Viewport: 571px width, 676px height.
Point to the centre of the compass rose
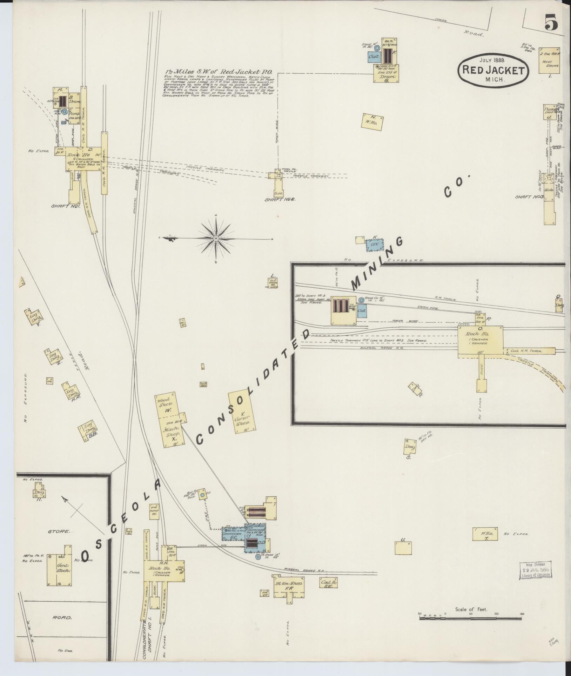click(216, 239)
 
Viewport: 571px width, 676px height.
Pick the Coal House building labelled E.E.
click(329, 583)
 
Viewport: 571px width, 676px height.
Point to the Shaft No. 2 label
click(280, 199)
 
